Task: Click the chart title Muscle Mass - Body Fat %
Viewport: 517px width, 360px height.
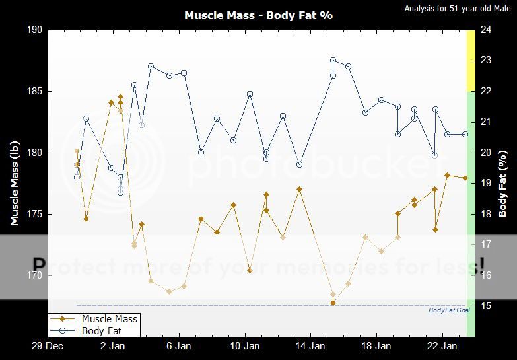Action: coord(258,15)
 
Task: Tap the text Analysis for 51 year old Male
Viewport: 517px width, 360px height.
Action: coord(458,9)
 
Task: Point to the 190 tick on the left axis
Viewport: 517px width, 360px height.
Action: coord(34,30)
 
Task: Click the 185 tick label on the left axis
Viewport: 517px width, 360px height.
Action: coord(34,91)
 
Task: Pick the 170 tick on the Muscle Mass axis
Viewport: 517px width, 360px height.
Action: coord(34,275)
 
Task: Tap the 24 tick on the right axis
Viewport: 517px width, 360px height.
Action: coord(485,30)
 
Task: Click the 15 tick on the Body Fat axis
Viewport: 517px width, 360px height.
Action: coord(485,306)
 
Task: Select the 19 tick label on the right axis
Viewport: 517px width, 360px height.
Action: coord(485,183)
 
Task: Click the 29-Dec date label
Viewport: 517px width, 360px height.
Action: coord(48,346)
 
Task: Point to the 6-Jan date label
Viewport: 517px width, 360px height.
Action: coord(178,346)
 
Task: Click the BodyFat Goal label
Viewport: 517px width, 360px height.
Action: coord(448,310)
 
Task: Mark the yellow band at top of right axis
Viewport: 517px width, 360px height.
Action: coord(471,61)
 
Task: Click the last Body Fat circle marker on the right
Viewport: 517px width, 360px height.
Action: coord(465,134)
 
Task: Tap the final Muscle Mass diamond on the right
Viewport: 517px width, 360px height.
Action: coord(465,178)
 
